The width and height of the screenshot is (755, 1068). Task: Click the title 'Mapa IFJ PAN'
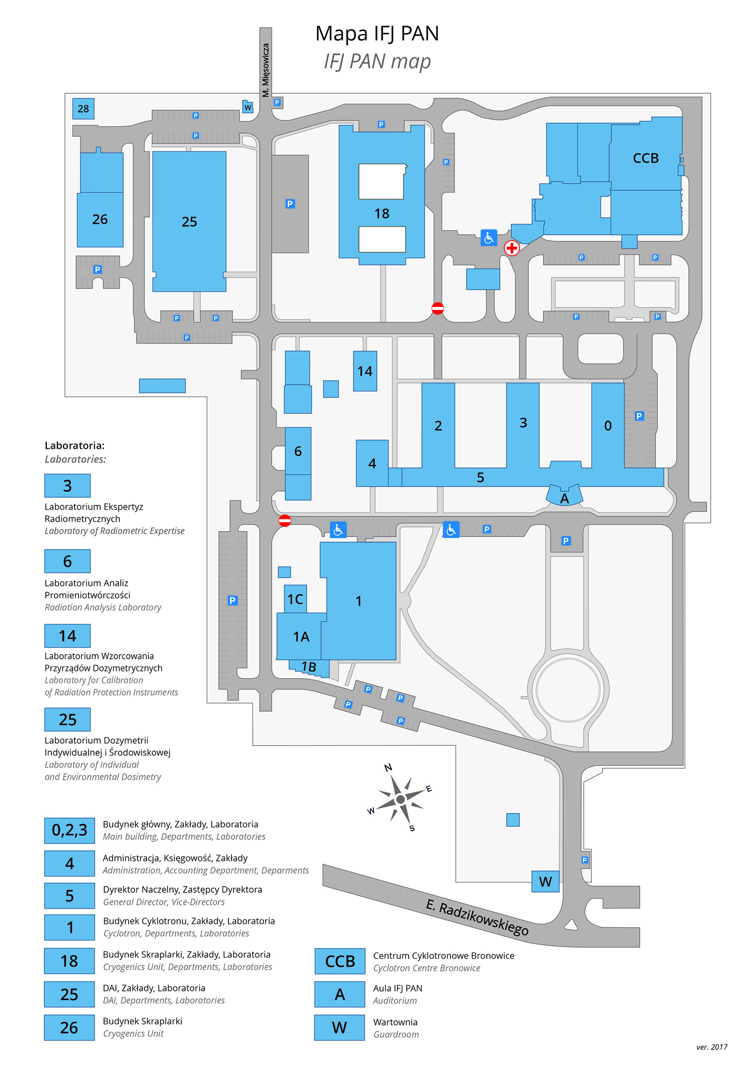tap(377, 34)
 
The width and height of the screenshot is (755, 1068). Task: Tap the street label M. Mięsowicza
tap(266, 70)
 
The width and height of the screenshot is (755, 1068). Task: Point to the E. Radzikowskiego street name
tap(477, 917)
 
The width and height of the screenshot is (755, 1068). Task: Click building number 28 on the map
tap(83, 108)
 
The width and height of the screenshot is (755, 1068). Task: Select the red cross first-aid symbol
tap(511, 248)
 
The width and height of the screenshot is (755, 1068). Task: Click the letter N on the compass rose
tap(388, 768)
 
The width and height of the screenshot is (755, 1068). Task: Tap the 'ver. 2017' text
tap(712, 1047)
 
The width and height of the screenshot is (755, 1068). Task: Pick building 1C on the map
tap(295, 599)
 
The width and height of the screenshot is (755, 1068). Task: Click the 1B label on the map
tap(309, 667)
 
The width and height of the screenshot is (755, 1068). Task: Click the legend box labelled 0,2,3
tap(69, 830)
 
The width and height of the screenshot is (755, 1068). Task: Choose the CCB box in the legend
tap(340, 961)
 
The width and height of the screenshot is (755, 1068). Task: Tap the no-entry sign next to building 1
tap(284, 520)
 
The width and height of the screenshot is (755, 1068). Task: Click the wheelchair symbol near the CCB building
tap(489, 238)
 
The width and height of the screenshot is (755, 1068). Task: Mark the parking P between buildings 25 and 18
tap(290, 204)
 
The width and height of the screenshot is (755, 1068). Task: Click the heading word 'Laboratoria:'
tap(74, 445)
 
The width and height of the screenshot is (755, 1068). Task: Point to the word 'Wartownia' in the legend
tap(395, 1022)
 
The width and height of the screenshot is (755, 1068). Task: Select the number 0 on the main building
tap(608, 426)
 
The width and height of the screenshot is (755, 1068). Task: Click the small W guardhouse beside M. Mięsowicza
tap(248, 107)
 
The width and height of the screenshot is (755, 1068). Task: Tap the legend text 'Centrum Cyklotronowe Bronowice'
tap(443, 956)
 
